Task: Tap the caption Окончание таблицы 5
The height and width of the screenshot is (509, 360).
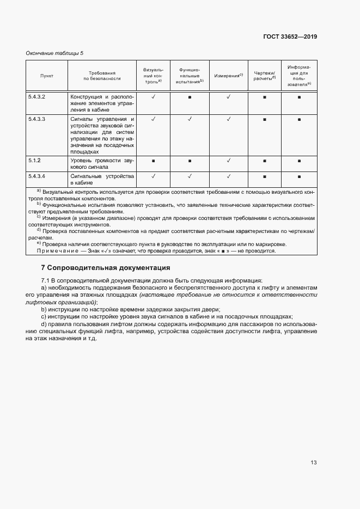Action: tap(55, 53)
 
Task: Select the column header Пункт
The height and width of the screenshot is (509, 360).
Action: tap(47, 76)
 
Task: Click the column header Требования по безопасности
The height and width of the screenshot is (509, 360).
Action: tap(102, 76)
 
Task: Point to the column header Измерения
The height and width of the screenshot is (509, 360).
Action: tap(228, 76)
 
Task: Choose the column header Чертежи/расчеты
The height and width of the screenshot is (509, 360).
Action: tap(265, 76)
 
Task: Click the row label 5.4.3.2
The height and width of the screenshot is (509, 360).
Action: tap(36, 97)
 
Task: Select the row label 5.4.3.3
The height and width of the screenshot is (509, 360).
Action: tap(36, 119)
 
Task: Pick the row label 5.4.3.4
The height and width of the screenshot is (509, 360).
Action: tap(36, 176)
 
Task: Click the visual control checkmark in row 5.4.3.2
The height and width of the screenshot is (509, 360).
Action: tap(154, 97)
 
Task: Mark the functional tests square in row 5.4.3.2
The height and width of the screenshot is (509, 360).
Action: tap(190, 97)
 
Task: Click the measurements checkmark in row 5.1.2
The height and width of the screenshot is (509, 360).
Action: tap(228, 161)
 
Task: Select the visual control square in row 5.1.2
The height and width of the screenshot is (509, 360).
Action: tap(154, 161)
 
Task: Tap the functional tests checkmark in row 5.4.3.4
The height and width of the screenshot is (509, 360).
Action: tap(190, 176)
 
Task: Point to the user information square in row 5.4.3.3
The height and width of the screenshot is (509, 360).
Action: tap(299, 119)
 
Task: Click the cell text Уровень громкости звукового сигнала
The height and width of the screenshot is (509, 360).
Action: tap(102, 164)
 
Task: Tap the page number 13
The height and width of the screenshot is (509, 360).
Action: tap(313, 463)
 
